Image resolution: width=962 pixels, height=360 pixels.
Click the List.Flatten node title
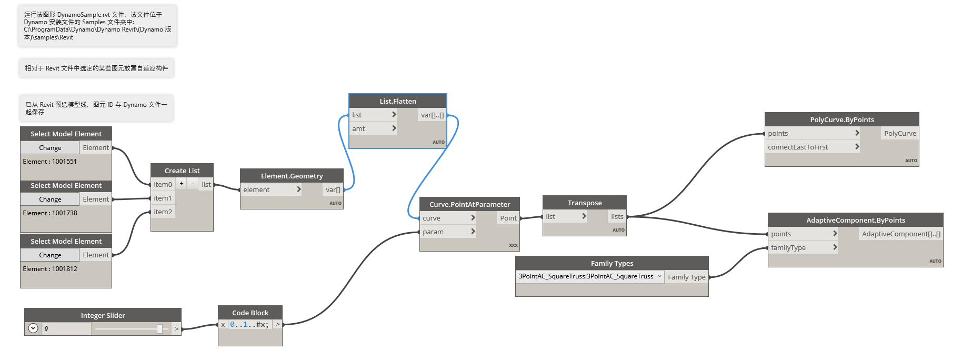[398, 101]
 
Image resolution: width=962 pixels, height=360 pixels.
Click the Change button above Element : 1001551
[50, 148]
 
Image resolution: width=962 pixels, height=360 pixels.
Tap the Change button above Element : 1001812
[50, 255]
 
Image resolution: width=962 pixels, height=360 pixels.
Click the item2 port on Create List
[163, 212]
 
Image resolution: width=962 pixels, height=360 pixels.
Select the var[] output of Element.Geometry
[333, 190]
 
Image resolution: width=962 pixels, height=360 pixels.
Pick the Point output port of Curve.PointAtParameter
[508, 218]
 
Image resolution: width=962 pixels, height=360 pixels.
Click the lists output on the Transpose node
[617, 216]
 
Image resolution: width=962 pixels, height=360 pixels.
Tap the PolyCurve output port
[900, 133]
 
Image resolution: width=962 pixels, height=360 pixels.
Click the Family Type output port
[686, 277]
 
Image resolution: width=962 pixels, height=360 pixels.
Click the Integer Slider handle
[159, 329]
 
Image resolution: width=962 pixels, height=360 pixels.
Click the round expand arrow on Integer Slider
[33, 328]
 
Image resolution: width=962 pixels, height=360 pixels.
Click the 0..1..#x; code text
[249, 325]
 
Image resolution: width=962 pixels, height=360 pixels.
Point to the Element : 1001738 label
[50, 213]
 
